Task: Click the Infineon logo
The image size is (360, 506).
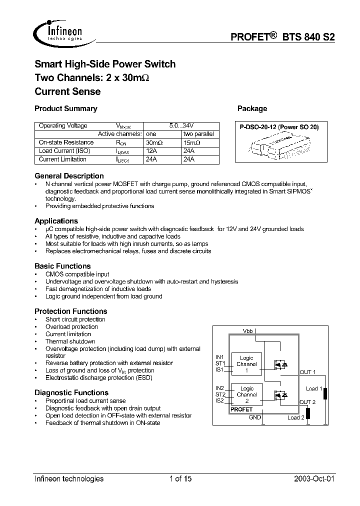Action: (59, 31)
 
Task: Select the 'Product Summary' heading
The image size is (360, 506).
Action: (65, 108)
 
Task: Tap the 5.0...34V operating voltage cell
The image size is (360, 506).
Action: (180, 126)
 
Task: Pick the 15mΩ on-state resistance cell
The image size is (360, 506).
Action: (192, 142)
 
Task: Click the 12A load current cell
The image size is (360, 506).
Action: (151, 151)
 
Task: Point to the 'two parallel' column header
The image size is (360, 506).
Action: (198, 134)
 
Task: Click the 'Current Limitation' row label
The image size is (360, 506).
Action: (62, 159)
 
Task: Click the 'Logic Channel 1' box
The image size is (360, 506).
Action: (246, 364)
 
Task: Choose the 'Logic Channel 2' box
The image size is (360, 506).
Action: (246, 394)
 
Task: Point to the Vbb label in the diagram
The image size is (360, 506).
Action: (247, 331)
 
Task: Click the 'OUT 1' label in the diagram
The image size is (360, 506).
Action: (307, 372)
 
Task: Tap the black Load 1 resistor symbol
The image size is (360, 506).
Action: (325, 394)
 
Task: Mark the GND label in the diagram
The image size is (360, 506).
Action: (254, 417)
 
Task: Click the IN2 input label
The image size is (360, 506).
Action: (220, 388)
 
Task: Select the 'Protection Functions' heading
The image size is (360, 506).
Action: (70, 311)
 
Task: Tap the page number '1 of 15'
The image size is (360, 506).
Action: (180, 478)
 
